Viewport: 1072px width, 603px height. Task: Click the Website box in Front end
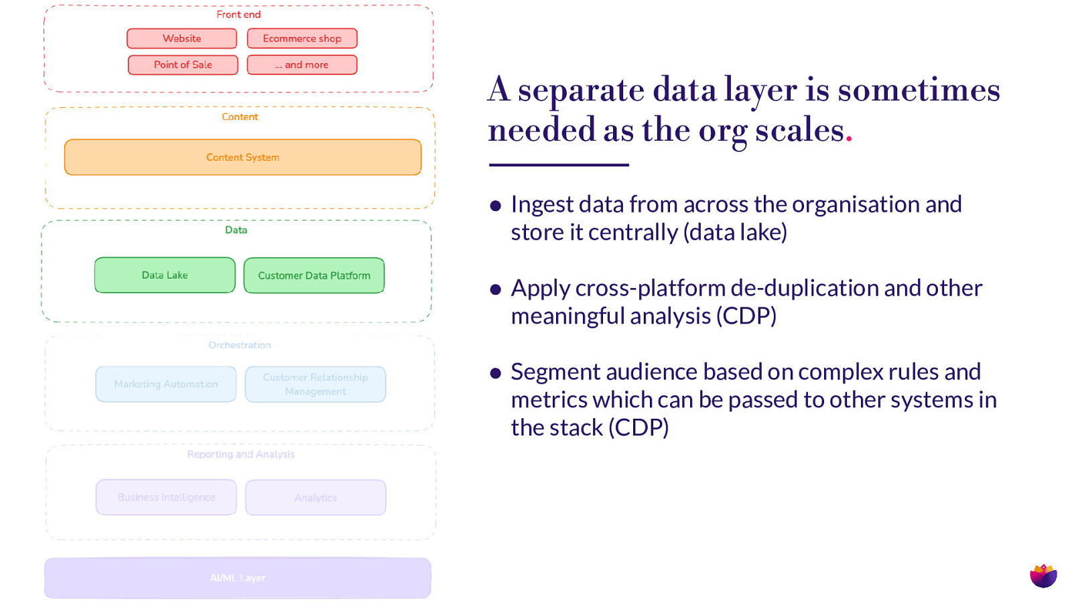pos(182,39)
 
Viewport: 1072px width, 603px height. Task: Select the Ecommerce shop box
pos(301,39)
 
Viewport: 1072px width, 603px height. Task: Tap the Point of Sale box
pos(182,65)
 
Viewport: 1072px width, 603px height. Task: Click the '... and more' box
pos(301,65)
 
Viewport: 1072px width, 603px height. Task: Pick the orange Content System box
pos(243,157)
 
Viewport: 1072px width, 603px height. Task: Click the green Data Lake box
pos(165,275)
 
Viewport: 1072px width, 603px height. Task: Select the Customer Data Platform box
pos(314,275)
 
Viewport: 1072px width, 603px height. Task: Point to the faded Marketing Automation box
pos(165,384)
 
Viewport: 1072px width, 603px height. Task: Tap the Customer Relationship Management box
pos(315,384)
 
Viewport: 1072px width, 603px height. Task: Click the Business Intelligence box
pos(165,497)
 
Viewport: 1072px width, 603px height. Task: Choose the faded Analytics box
pos(315,497)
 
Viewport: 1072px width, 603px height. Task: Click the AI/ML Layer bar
pos(237,578)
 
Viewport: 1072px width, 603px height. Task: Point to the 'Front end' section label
pos(239,15)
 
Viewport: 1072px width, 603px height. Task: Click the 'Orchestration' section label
pos(239,345)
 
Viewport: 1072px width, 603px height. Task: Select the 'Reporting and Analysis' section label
pos(241,454)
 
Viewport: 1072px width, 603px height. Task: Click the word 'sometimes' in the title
pos(919,90)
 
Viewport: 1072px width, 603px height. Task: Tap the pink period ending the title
pos(849,139)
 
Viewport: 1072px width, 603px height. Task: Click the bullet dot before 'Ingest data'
pos(496,206)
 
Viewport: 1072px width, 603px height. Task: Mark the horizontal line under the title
pos(558,165)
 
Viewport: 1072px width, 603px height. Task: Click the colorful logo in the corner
pos(1043,576)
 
